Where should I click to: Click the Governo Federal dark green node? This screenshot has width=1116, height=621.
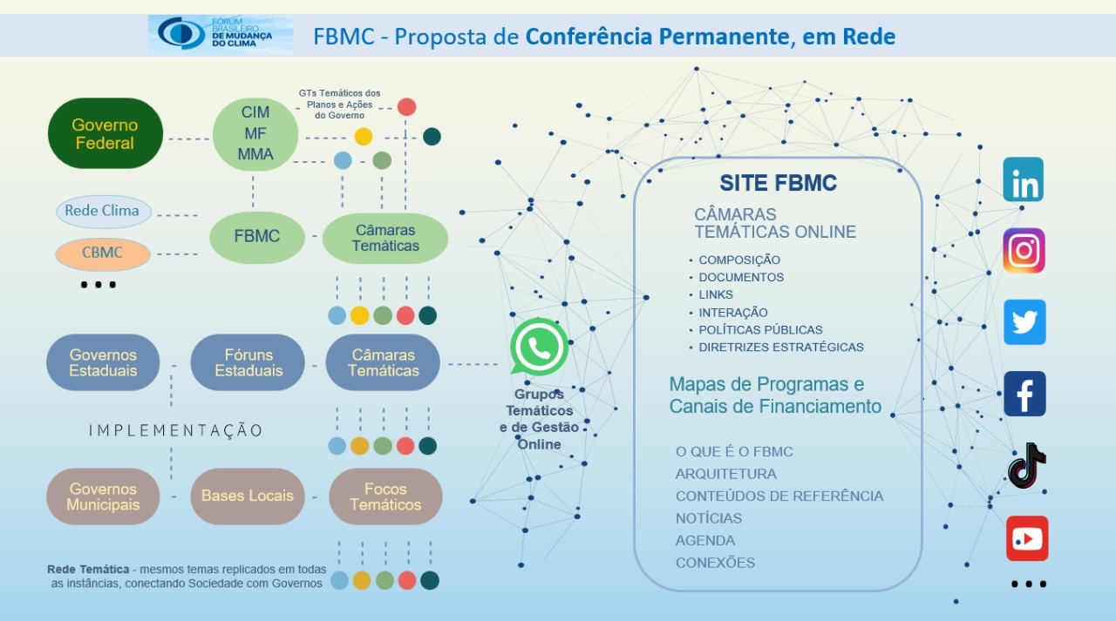pos(105,133)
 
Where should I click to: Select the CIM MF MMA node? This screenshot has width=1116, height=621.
pos(255,134)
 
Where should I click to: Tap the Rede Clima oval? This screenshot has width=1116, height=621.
pos(103,211)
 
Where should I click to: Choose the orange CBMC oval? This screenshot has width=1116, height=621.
pos(103,253)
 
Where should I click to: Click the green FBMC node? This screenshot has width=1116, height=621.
pos(256,237)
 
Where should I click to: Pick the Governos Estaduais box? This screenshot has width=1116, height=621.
pos(103,362)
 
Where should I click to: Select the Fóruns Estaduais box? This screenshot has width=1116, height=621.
pos(248,362)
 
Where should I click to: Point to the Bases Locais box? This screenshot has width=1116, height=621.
pos(248,496)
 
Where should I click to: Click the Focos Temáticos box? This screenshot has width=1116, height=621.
pos(385,496)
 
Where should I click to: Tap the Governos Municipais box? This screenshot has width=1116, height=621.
pos(103,496)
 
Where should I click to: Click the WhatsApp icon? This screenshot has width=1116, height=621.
pos(539,347)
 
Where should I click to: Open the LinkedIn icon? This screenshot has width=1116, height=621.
pos(1024,179)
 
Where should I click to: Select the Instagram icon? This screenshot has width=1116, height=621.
pos(1024,250)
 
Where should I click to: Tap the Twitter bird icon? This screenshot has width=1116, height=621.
pos(1024,322)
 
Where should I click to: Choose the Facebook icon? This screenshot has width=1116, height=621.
pos(1024,394)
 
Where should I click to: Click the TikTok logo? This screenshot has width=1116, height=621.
pos(1025,466)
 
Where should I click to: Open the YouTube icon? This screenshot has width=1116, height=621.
pos(1027,538)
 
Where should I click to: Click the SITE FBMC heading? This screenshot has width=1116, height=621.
pos(778,183)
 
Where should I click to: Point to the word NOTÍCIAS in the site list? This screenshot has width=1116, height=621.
pos(709,518)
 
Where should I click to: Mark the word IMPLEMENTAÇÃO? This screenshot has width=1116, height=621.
pos(175,430)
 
